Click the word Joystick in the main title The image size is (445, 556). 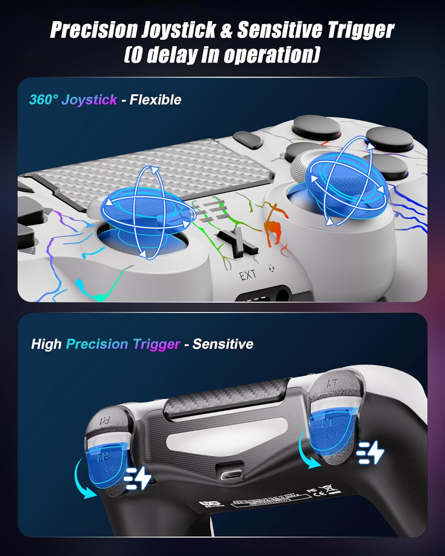pyautogui.click(x=178, y=30)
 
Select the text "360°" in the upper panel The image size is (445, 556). pyautogui.click(x=44, y=100)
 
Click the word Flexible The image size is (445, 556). pyautogui.click(x=155, y=100)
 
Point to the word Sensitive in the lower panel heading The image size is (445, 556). pyautogui.click(x=223, y=344)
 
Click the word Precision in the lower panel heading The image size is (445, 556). pyautogui.click(x=97, y=344)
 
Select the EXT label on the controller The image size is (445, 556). pyautogui.click(x=247, y=275)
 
